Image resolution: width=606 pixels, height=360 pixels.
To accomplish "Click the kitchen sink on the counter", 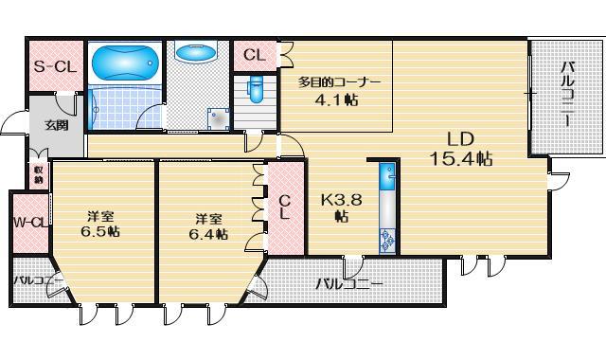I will pyautogui.click(x=386, y=177).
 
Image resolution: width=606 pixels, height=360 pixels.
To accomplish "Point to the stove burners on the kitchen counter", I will pyautogui.click(x=386, y=240).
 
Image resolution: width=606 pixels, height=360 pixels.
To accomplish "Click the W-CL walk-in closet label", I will pyautogui.click(x=30, y=224).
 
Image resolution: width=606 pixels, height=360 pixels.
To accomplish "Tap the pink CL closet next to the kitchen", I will pyautogui.click(x=285, y=206).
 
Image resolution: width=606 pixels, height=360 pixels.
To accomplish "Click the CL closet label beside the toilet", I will pyautogui.click(x=254, y=55).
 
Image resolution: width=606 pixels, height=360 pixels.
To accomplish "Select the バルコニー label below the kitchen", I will pyautogui.click(x=349, y=283).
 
